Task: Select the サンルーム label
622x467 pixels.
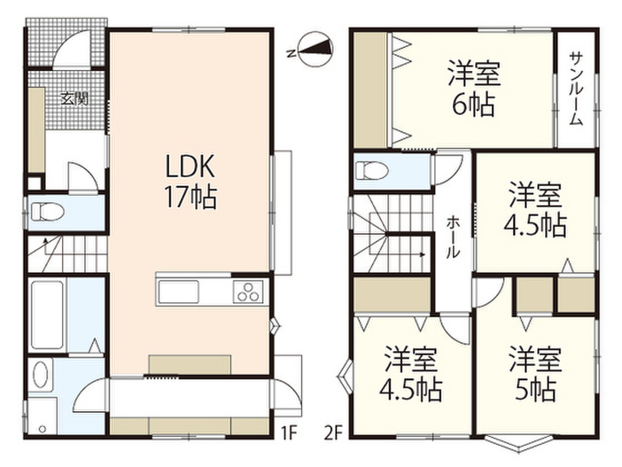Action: [x=576, y=89]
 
